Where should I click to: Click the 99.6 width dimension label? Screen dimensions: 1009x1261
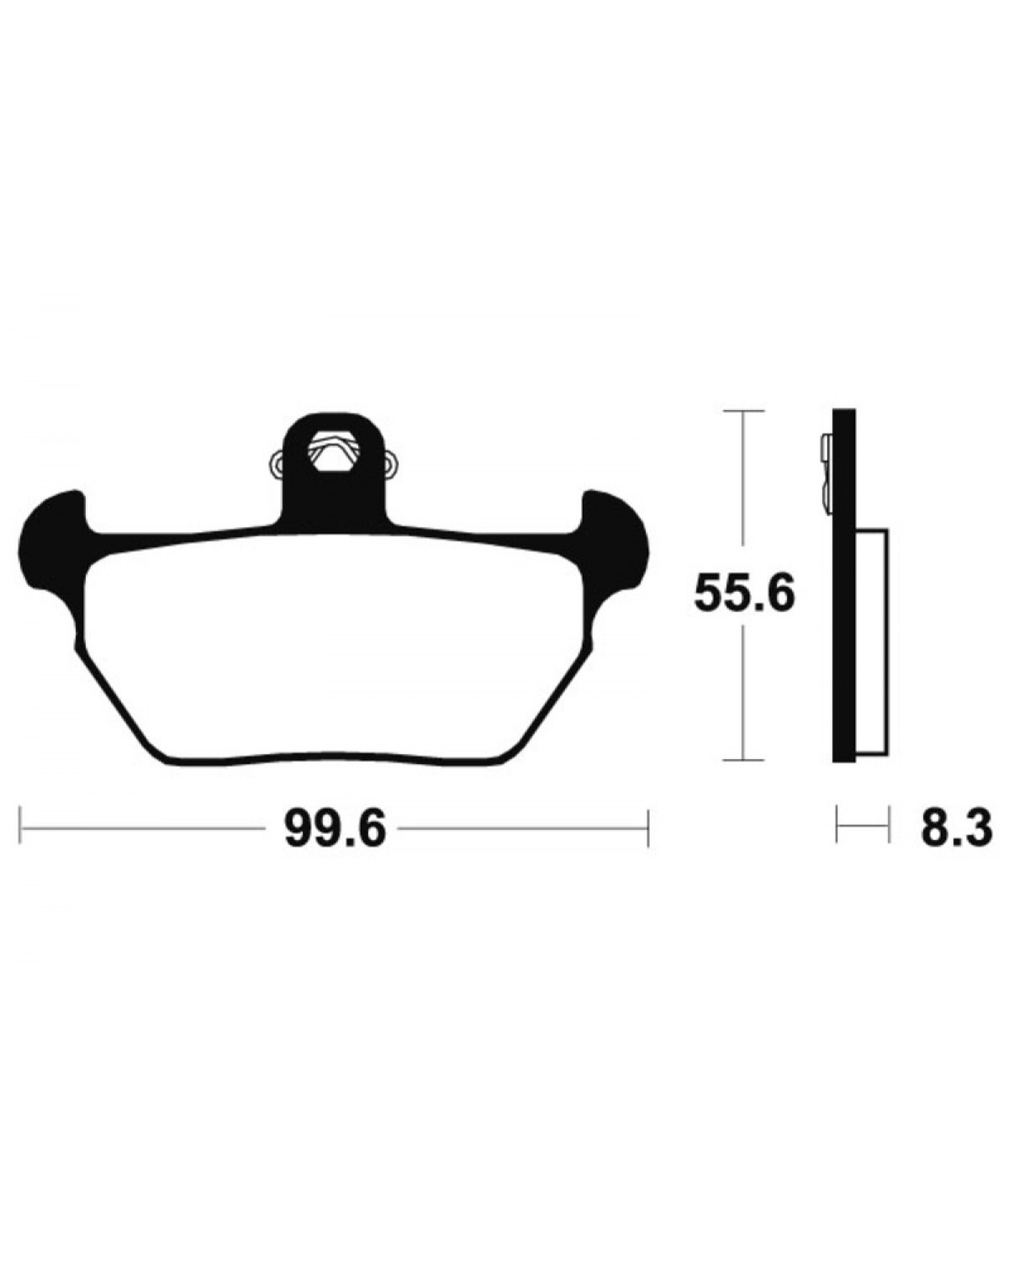pyautogui.click(x=335, y=830)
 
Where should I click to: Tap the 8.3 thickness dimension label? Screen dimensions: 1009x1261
pyautogui.click(x=957, y=829)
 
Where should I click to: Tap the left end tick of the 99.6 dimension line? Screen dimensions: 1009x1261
pyautogui.click(x=20, y=828)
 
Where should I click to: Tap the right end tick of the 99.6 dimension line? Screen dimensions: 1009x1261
pyautogui.click(x=647, y=828)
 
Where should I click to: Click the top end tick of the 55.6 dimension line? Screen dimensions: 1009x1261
pyautogui.click(x=743, y=411)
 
